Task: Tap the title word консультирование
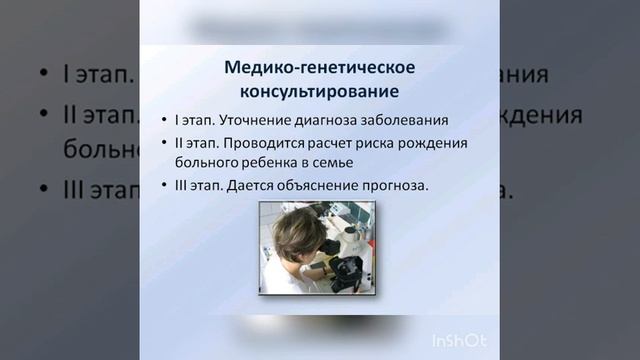(x=316, y=92)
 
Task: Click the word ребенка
(x=267, y=161)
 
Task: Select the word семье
(x=335, y=161)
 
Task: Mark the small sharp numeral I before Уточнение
(x=177, y=121)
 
